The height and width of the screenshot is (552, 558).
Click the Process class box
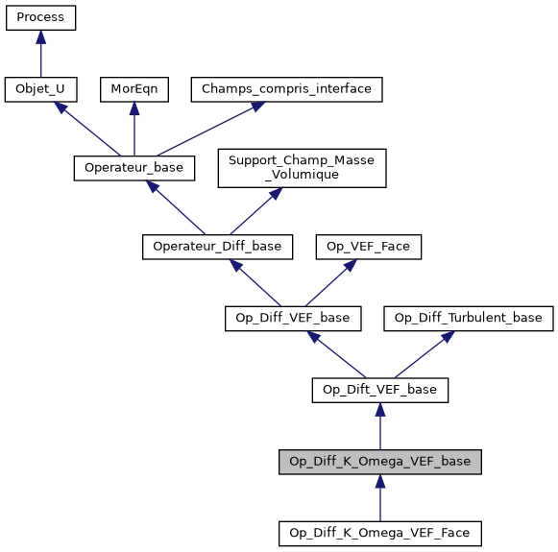click(40, 17)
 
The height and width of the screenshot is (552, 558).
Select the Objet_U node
click(40, 89)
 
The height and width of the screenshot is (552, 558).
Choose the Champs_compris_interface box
click(287, 89)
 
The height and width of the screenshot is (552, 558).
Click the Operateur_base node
click(134, 168)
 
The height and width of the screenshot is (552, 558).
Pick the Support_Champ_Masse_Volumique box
click(302, 168)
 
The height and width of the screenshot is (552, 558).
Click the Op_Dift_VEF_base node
click(380, 390)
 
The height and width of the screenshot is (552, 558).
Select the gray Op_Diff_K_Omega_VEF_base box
click(380, 462)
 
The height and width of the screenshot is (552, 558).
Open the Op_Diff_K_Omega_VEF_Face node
click(380, 532)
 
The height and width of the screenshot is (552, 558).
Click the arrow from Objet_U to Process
click(40, 54)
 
